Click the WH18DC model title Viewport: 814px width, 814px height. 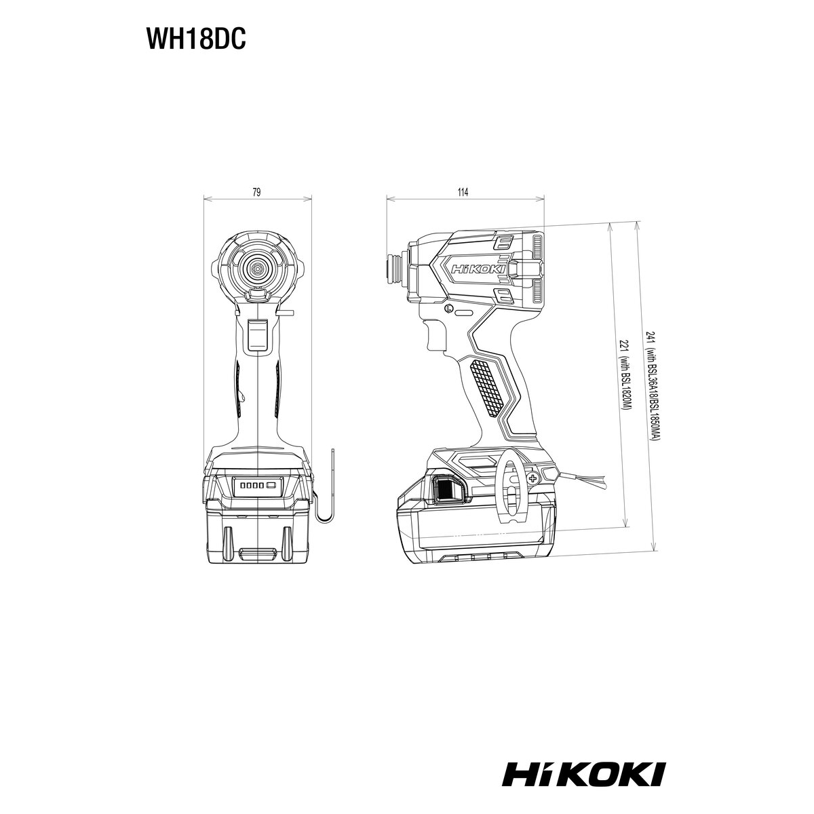pos(195,40)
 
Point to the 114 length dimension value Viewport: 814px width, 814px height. pos(463,192)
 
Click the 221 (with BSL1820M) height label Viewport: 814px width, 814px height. pos(624,374)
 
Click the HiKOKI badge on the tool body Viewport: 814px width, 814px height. pos(478,269)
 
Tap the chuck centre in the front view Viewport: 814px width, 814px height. pos(256,267)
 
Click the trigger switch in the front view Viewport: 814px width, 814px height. pos(257,334)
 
